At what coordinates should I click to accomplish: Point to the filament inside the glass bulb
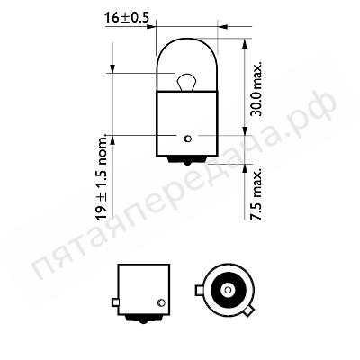(x=185, y=84)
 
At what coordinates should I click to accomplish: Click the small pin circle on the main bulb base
(x=186, y=139)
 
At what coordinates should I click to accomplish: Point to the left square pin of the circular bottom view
(x=199, y=290)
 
